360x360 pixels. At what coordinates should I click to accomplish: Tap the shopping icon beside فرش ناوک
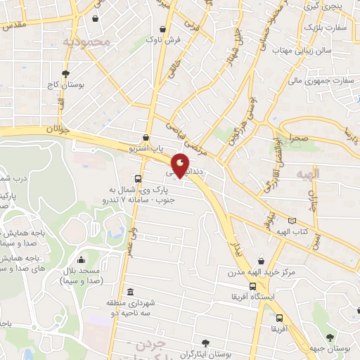click(x=163, y=30)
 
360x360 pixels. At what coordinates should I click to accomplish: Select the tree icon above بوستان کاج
click(x=65, y=73)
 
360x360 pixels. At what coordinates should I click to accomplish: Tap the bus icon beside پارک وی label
click(x=137, y=179)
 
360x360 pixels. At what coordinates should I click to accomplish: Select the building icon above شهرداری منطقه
click(x=129, y=292)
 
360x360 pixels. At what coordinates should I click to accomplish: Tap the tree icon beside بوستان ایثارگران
click(x=205, y=343)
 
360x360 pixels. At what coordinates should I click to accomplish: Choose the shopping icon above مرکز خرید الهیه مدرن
click(x=262, y=261)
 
